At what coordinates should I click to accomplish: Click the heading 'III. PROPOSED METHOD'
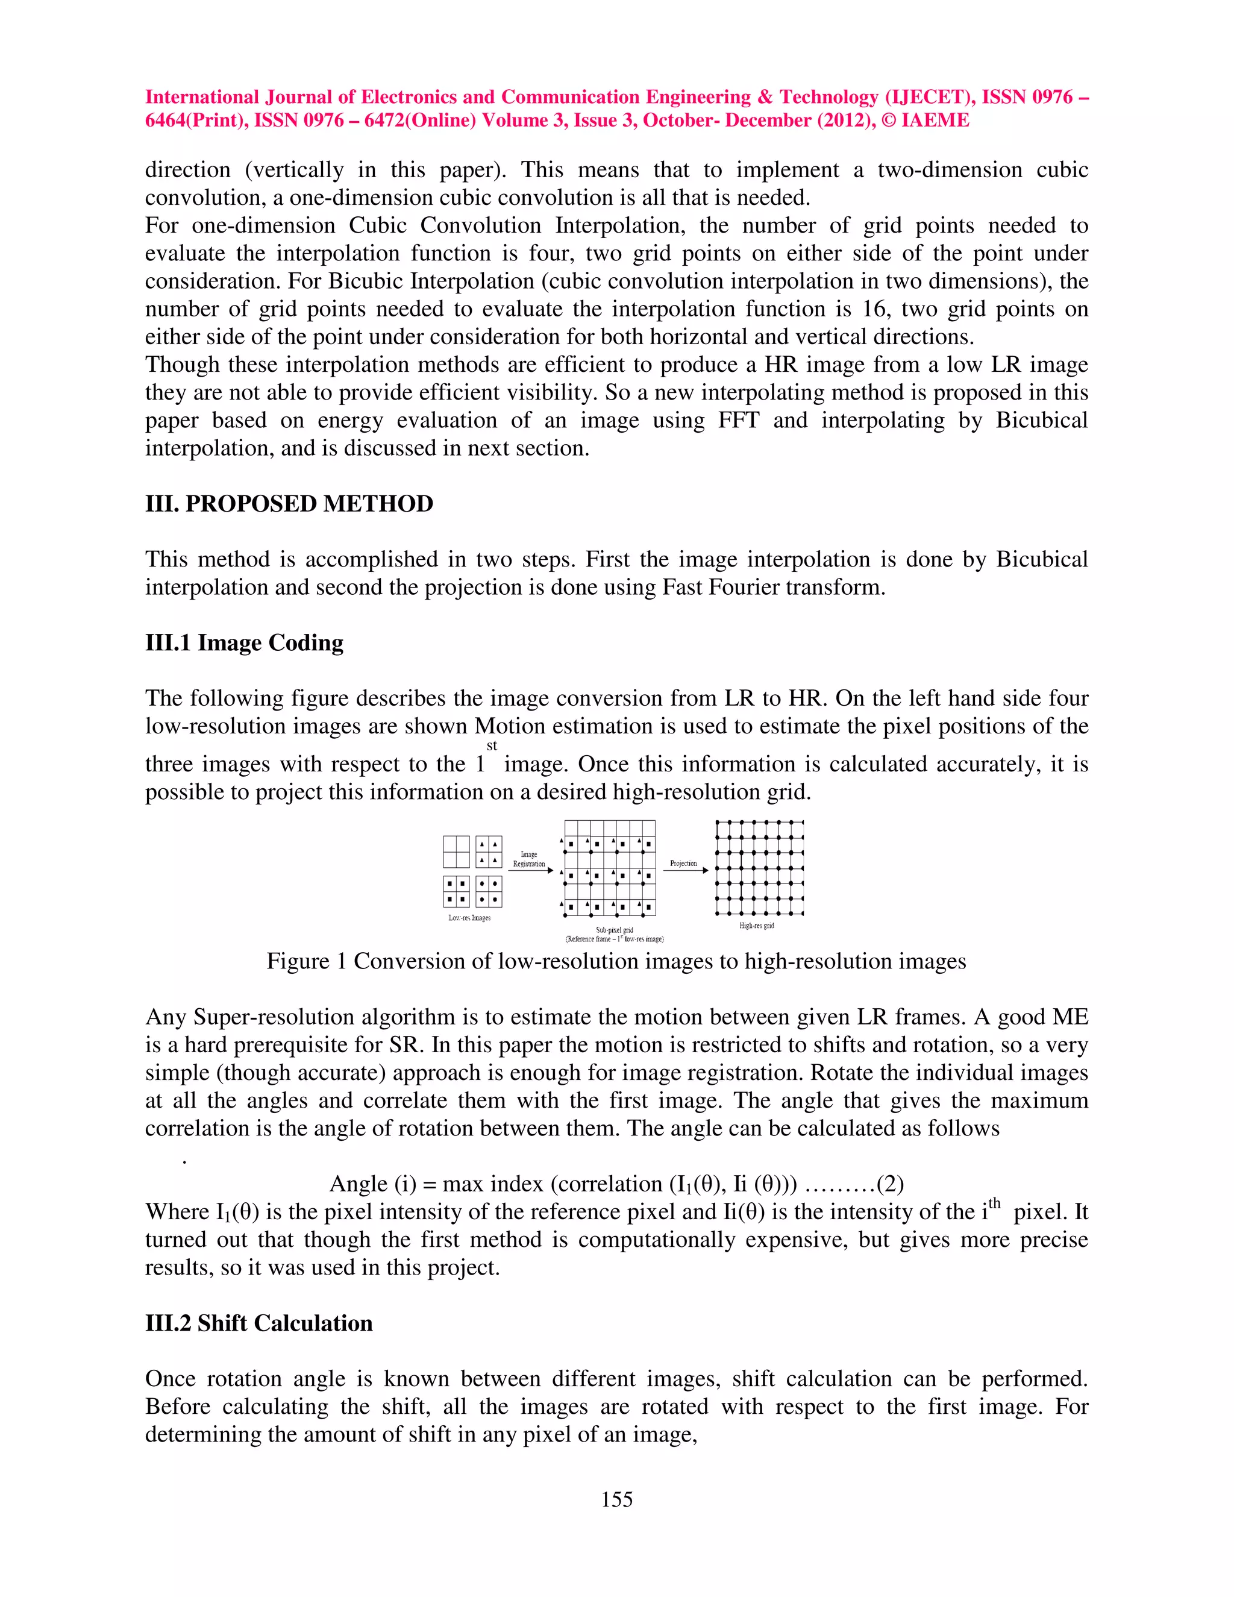pyautogui.click(x=289, y=504)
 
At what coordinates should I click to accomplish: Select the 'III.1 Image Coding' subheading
pyautogui.click(x=244, y=643)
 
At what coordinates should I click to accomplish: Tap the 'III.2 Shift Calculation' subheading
pyautogui.click(x=258, y=1323)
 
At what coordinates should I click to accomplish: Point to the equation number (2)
pyautogui.click(x=890, y=1183)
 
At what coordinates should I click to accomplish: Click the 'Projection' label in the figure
pyautogui.click(x=683, y=864)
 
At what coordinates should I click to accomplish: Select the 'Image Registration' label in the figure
pyautogui.click(x=528, y=859)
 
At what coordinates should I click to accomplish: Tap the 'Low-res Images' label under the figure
pyautogui.click(x=469, y=918)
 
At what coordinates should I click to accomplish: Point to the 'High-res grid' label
pyautogui.click(x=757, y=926)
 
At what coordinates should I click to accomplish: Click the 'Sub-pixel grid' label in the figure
pyautogui.click(x=614, y=930)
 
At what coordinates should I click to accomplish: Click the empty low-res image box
pyautogui.click(x=456, y=852)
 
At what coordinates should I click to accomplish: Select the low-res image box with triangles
pyautogui.click(x=488, y=852)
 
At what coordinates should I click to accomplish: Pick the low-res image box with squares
pyautogui.click(x=456, y=891)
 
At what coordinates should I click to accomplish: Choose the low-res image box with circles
pyautogui.click(x=488, y=891)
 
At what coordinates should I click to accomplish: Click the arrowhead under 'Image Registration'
pyautogui.click(x=551, y=871)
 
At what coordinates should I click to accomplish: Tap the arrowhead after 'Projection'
pyautogui.click(x=706, y=871)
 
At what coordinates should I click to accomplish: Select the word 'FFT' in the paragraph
pyautogui.click(x=738, y=421)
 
